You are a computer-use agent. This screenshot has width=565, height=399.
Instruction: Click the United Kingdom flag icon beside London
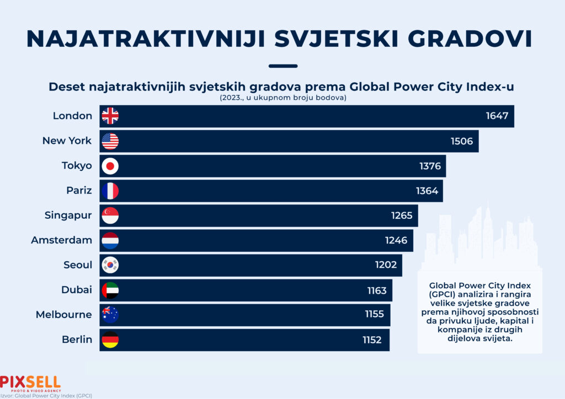tap(110, 116)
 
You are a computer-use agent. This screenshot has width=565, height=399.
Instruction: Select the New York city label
tap(67, 141)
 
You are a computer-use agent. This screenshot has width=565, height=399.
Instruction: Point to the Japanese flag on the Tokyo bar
tap(110, 166)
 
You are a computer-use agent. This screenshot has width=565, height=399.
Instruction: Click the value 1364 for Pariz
tap(427, 191)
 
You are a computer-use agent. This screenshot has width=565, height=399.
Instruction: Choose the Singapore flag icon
tap(110, 215)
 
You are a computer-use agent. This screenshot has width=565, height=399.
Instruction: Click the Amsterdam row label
tap(61, 240)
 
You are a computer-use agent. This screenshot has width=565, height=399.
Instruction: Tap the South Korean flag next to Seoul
tap(110, 265)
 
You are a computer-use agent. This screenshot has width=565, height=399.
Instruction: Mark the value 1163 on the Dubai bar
tap(377, 290)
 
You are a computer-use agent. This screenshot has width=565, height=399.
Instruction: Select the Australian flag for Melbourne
tap(110, 315)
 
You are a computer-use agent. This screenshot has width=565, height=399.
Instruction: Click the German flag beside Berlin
tap(110, 339)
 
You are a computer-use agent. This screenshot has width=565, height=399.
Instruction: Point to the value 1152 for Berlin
tap(372, 340)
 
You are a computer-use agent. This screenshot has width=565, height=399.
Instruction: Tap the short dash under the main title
tap(282, 66)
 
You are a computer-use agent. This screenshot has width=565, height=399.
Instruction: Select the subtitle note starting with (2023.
tap(282, 98)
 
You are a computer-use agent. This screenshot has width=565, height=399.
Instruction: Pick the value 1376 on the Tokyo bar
tap(430, 166)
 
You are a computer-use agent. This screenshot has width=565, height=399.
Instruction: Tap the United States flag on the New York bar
tap(110, 141)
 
